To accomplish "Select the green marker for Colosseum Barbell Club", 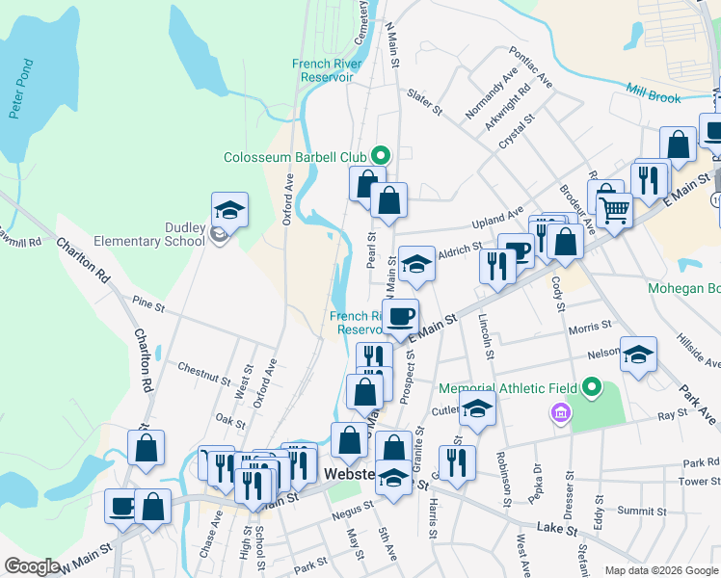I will (381, 155).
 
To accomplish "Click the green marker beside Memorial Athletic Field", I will (593, 388).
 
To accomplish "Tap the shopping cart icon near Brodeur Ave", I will (614, 206).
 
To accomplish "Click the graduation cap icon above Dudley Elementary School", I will (230, 209).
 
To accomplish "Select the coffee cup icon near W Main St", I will (122, 505).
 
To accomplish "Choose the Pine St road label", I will (150, 304).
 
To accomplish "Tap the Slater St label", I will (424, 101).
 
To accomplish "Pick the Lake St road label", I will (557, 528).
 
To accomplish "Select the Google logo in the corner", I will (32, 565).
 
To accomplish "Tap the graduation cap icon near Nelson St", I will (638, 355).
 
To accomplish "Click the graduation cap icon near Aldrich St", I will (415, 264).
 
